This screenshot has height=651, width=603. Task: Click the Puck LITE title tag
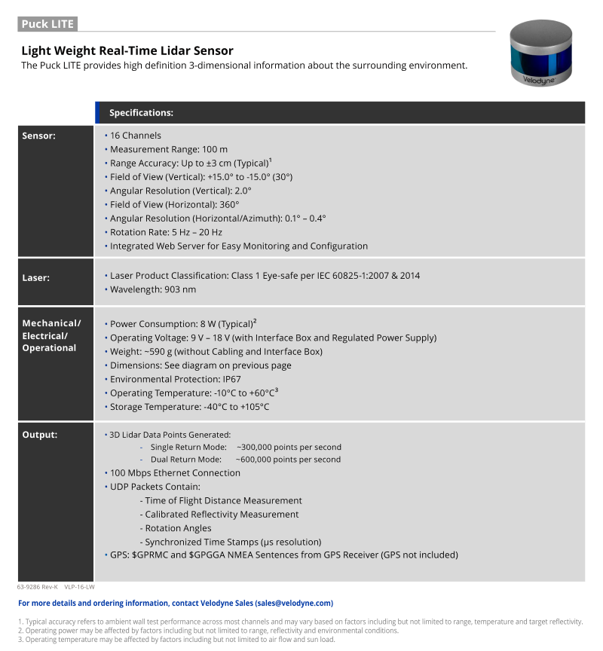47,23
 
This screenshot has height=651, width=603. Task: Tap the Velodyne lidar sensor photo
541,53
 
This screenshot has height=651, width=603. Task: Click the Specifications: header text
141,113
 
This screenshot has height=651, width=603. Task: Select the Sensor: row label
39,136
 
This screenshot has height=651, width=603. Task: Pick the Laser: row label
36,278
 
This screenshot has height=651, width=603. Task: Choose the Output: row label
40,434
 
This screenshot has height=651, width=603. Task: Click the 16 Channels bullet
135,136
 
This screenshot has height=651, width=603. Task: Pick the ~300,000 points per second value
289,447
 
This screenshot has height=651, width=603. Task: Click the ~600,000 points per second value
289,460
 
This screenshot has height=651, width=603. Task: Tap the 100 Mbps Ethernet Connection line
175,473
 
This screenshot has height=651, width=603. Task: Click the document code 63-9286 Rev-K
37,586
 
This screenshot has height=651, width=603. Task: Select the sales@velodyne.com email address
293,603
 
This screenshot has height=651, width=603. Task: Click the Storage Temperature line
189,407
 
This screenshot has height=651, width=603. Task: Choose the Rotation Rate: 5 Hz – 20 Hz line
166,232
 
